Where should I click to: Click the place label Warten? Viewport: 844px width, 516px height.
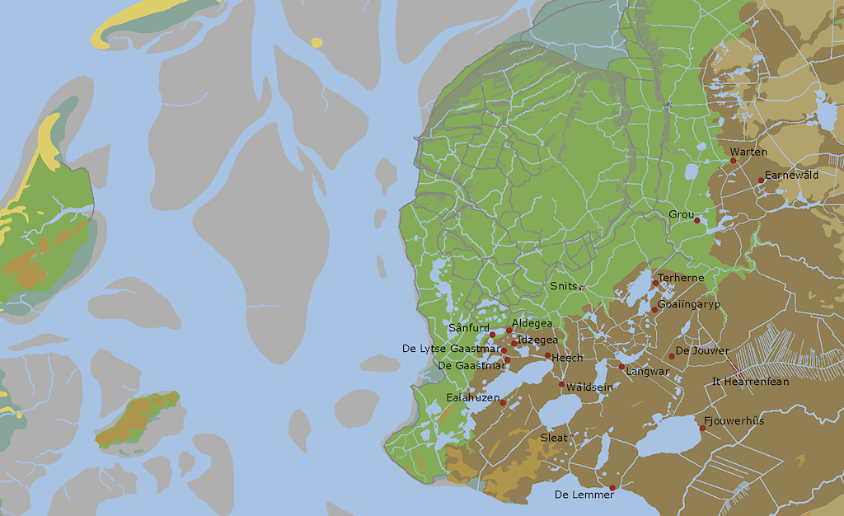[748, 152]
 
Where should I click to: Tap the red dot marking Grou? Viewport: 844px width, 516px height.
[697, 220]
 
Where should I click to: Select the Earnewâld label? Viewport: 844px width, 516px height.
[791, 176]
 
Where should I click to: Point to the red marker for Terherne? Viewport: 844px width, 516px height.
[656, 283]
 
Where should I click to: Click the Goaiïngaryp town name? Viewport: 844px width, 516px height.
[689, 304]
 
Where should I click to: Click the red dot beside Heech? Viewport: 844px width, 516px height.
[547, 355]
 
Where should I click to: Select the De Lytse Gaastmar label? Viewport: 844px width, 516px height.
[451, 349]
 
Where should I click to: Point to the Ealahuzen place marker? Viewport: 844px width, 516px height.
[503, 402]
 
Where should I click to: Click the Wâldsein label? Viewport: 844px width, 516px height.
[590, 387]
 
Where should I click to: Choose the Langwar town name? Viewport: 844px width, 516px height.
[648, 372]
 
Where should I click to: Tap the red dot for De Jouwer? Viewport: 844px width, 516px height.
[672, 356]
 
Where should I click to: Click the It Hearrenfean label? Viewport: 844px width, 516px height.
[750, 382]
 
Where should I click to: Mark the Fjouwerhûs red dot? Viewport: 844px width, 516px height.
[703, 428]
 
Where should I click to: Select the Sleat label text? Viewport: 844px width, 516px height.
[554, 438]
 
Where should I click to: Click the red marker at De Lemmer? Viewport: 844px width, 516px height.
[612, 487]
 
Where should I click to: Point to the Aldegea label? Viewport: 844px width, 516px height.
[532, 323]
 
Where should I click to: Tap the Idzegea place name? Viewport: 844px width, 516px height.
[537, 340]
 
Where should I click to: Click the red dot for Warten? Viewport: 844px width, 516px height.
[733, 161]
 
